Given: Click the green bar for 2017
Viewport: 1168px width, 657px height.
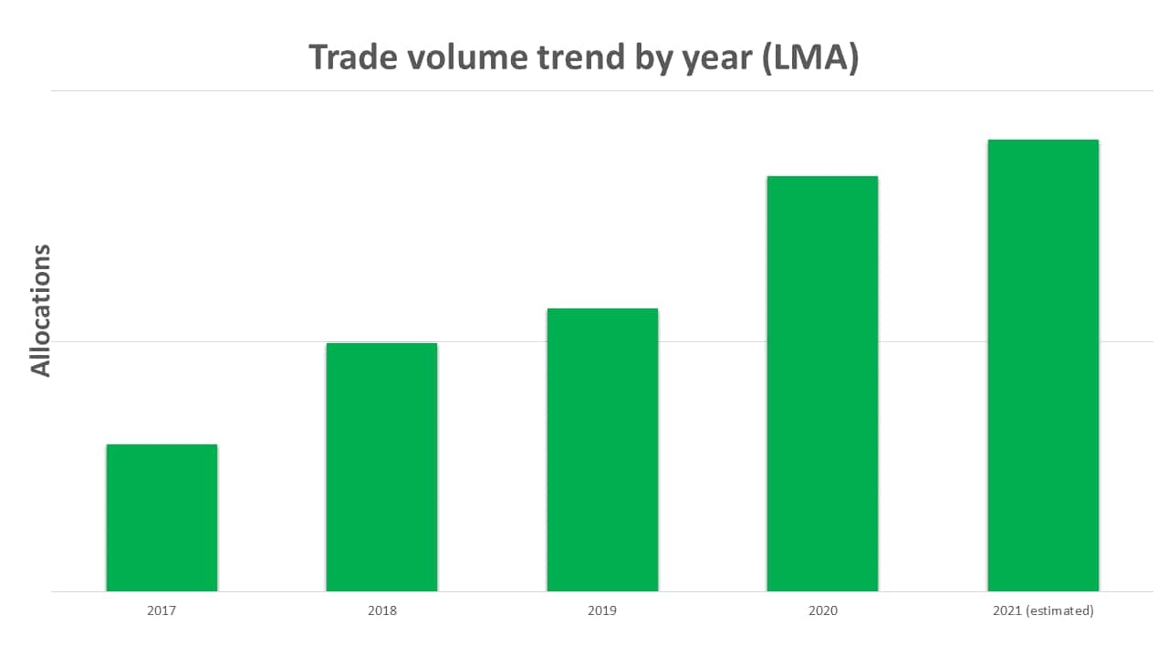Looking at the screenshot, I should coord(162,517).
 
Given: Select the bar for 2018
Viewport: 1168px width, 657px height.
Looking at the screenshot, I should coord(381,467).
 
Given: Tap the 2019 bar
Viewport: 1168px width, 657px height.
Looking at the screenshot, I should coord(602,450).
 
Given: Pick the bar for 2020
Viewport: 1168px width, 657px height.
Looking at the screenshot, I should coord(822,383).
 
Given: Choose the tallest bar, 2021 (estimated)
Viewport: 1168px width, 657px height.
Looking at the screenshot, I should coord(1043,365).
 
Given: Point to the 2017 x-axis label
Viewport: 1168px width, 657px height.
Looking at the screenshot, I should coord(162,610).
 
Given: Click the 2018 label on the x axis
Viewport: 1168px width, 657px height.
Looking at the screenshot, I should coord(381,610).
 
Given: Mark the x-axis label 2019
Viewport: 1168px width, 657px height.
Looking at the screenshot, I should coord(602,610).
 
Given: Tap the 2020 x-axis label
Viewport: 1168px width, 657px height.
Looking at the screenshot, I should coord(822,610).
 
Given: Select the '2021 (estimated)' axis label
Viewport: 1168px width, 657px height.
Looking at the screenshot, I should coord(1043,610).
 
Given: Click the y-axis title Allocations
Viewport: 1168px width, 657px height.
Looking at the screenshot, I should coord(41,310).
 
